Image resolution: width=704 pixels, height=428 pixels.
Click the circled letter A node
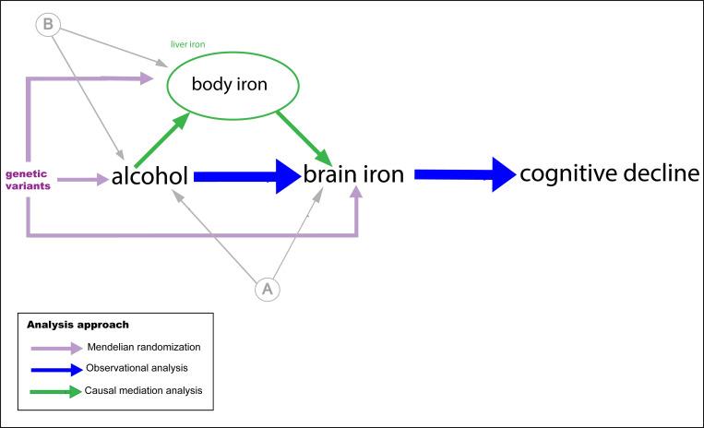coord(268,290)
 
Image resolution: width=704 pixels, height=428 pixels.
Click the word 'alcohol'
coord(150,175)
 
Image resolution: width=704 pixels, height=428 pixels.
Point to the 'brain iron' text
coord(354,174)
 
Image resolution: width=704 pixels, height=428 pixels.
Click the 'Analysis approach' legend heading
coord(78,325)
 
